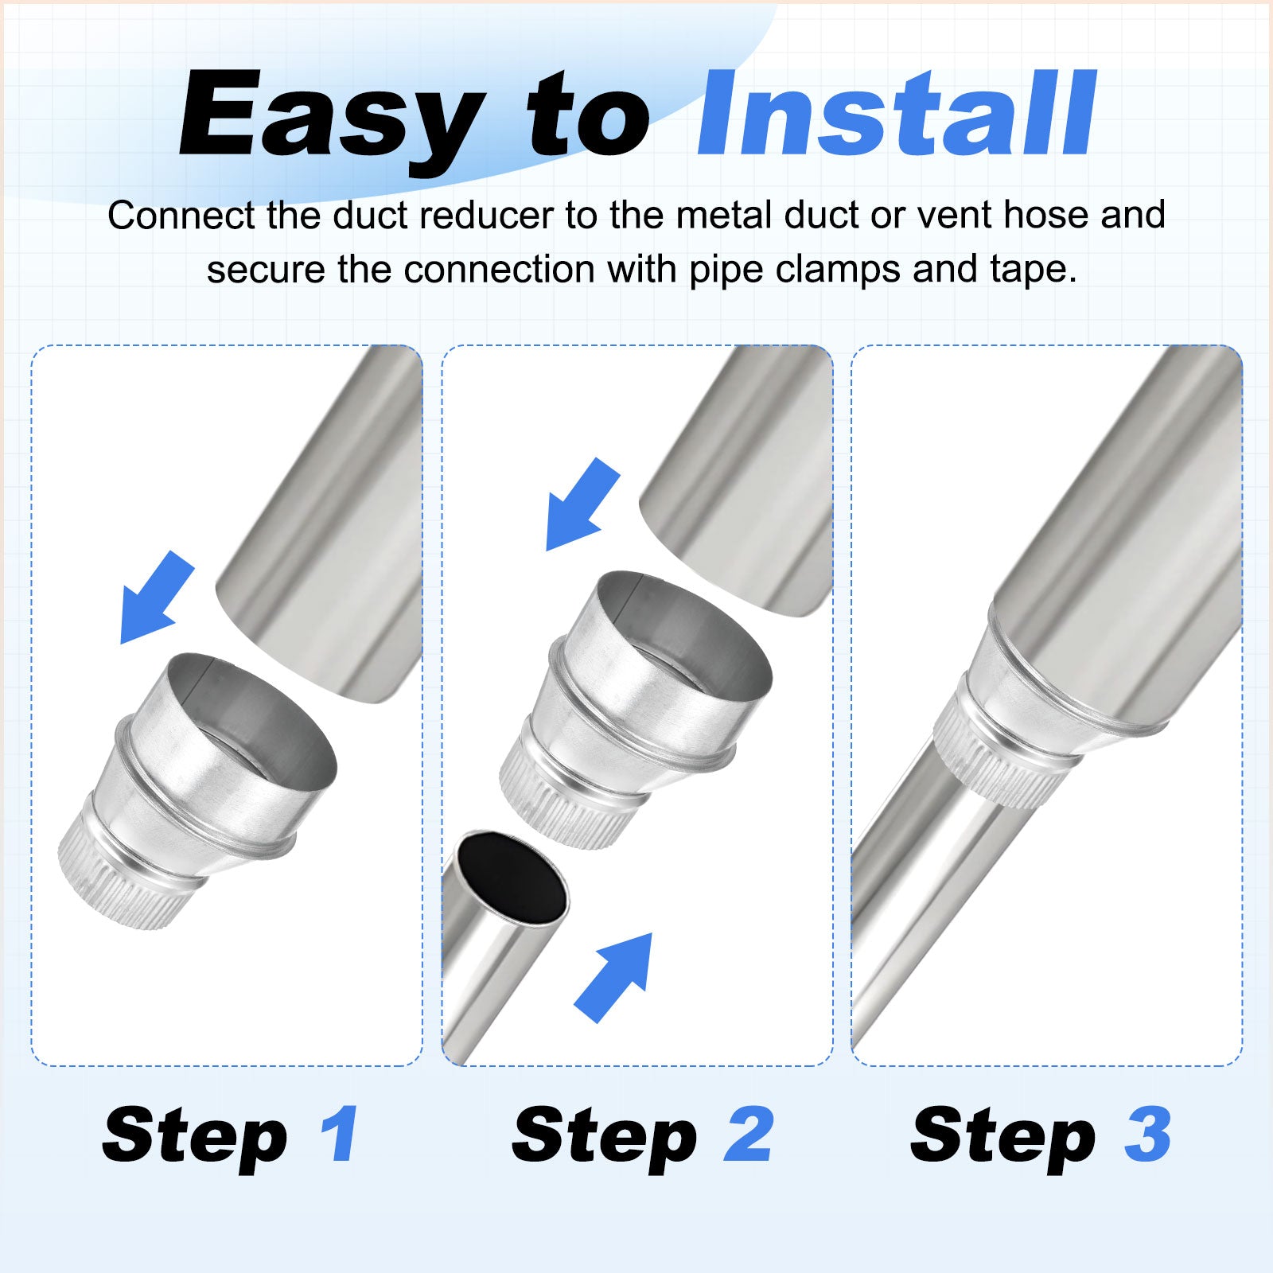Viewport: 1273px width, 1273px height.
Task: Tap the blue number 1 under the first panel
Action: pyautogui.click(x=340, y=1133)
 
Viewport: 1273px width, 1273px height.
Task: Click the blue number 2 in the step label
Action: pyautogui.click(x=748, y=1133)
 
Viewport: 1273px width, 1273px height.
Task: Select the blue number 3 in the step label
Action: pyautogui.click(x=1146, y=1133)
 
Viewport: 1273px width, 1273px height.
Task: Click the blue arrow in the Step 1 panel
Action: pyautogui.click(x=157, y=598)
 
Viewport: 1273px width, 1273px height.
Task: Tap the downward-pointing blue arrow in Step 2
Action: pyautogui.click(x=582, y=504)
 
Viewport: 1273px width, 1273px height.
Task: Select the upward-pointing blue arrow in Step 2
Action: pyautogui.click(x=613, y=977)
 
